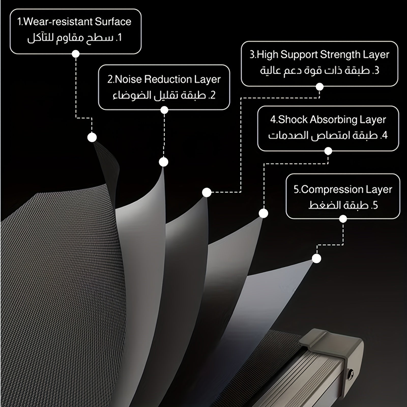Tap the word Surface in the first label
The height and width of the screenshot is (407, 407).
[x=113, y=22]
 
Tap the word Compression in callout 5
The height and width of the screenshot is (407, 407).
[x=328, y=190]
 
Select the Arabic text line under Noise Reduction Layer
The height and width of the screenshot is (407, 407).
[x=164, y=95]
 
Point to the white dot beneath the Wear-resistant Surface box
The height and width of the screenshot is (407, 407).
[x=76, y=54]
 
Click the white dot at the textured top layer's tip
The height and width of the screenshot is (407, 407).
[x=92, y=137]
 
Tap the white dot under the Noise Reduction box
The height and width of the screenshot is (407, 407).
[x=164, y=110]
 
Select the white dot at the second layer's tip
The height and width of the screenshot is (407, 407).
[x=164, y=162]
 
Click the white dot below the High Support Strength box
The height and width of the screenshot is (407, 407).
[x=319, y=87]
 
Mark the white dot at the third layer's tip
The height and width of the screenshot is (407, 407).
[x=207, y=193]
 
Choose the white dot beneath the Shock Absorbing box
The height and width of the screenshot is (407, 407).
[x=328, y=151]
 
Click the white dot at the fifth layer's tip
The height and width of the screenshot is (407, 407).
[x=316, y=259]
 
